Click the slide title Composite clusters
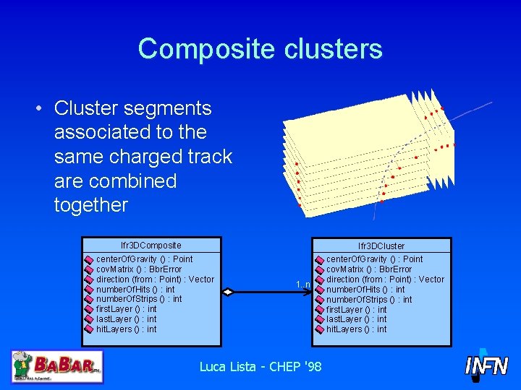(x=260, y=48)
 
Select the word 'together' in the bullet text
(x=90, y=205)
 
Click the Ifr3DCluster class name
(x=381, y=246)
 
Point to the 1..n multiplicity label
(x=303, y=285)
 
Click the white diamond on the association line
(x=228, y=292)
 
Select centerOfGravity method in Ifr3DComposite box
(x=144, y=259)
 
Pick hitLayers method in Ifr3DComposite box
(x=126, y=329)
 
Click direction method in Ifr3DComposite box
(x=155, y=279)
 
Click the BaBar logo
(x=57, y=366)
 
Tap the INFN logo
(x=486, y=365)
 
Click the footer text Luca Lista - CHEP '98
(x=260, y=367)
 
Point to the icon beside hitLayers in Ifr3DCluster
(x=319, y=329)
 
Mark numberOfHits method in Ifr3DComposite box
(x=135, y=289)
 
